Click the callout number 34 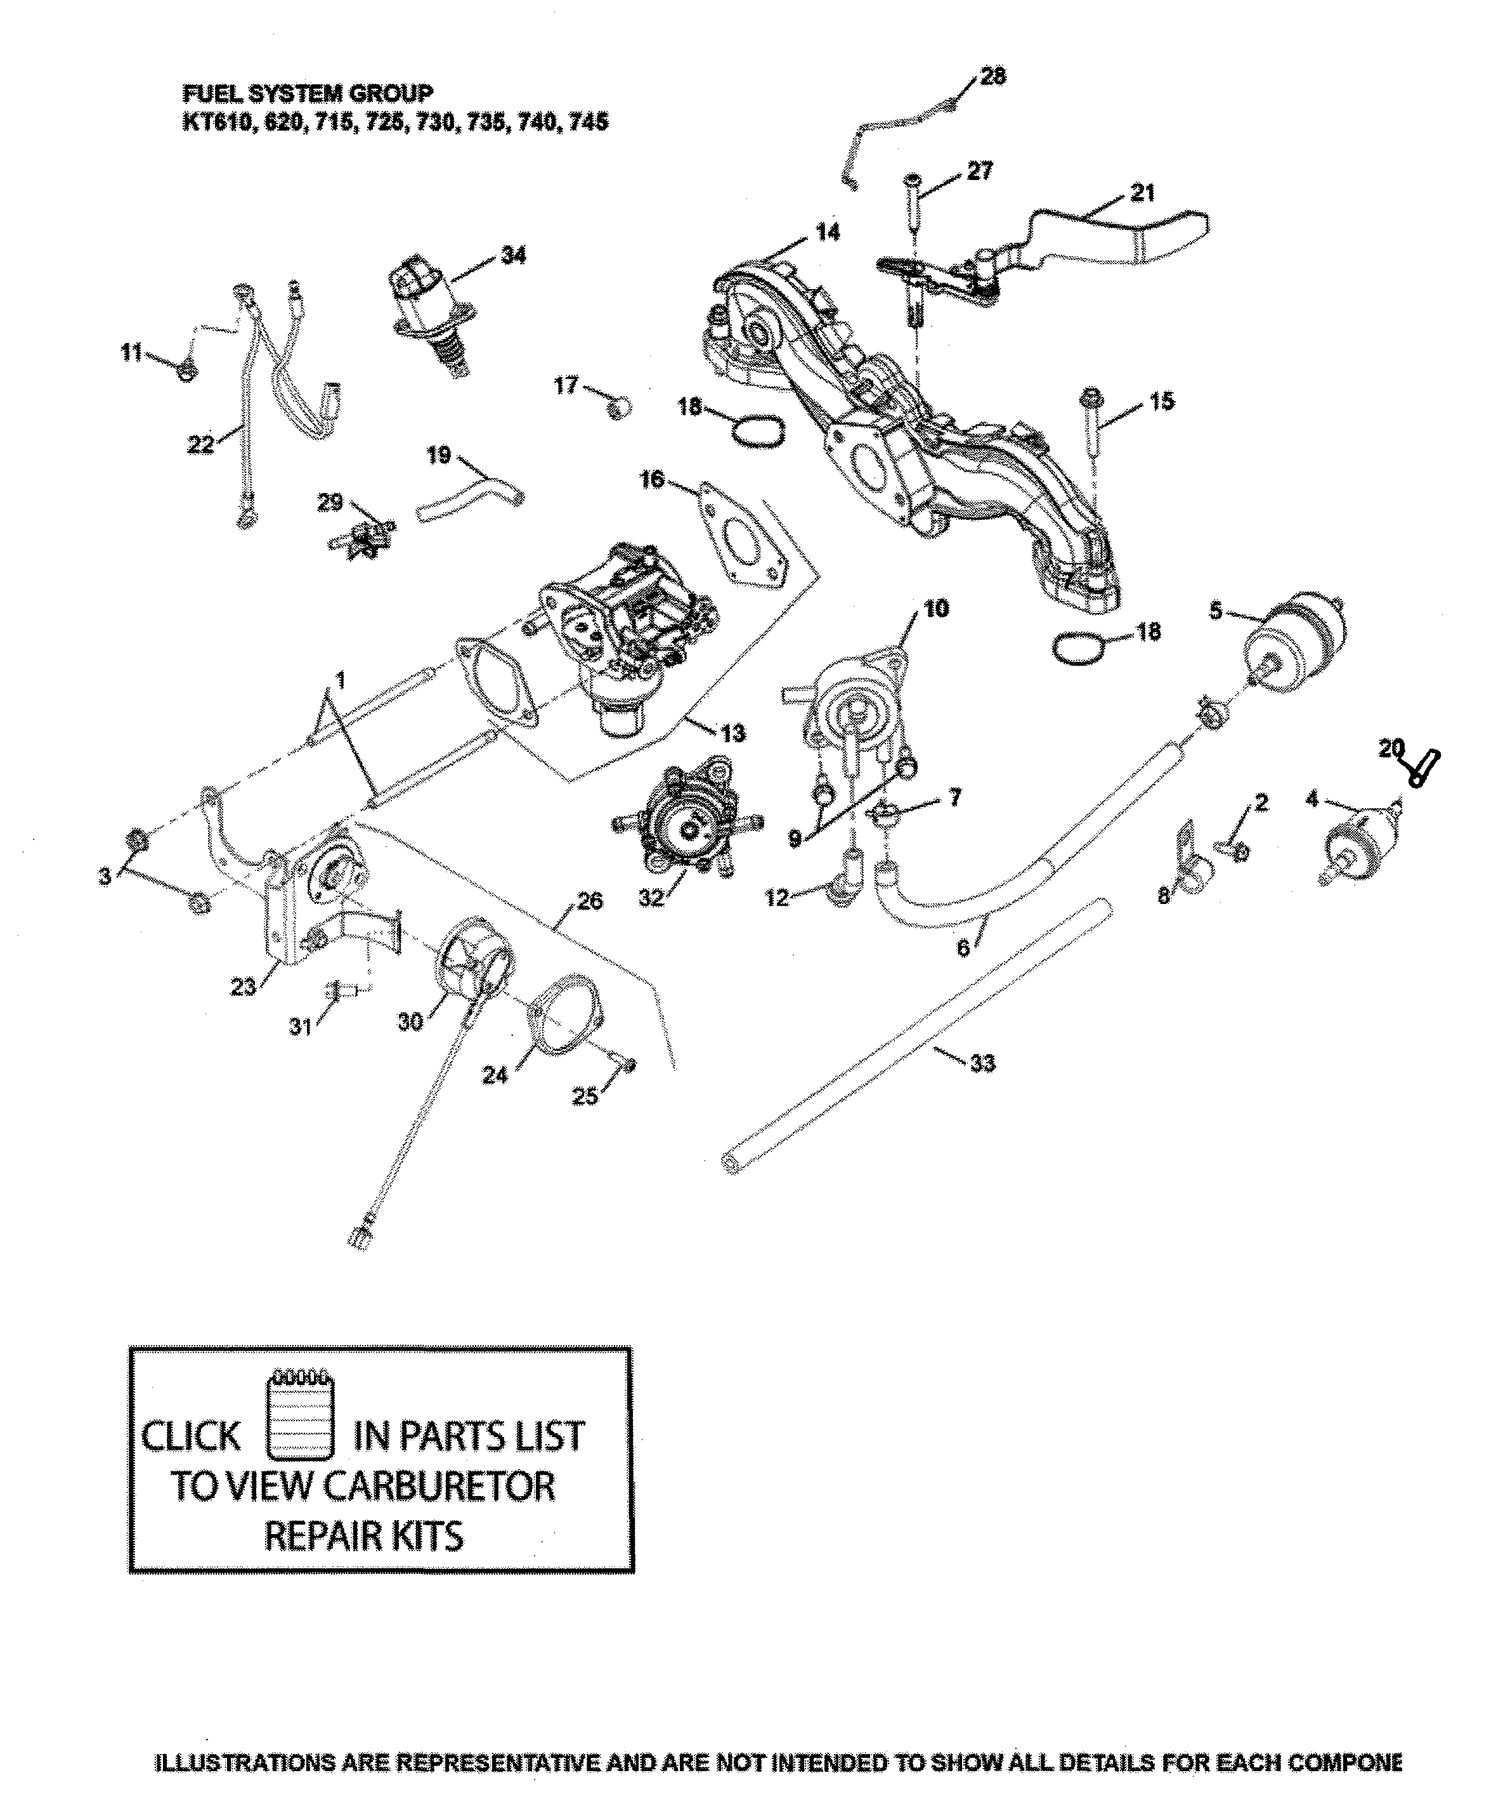pos(513,255)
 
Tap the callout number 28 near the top pos(992,76)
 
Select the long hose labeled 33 pos(916,1036)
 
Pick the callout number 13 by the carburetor pos(732,734)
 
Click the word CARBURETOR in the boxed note pos(441,1487)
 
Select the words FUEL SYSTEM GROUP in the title pos(308,93)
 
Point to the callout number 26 pos(589,901)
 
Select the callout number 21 pos(1142,193)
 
